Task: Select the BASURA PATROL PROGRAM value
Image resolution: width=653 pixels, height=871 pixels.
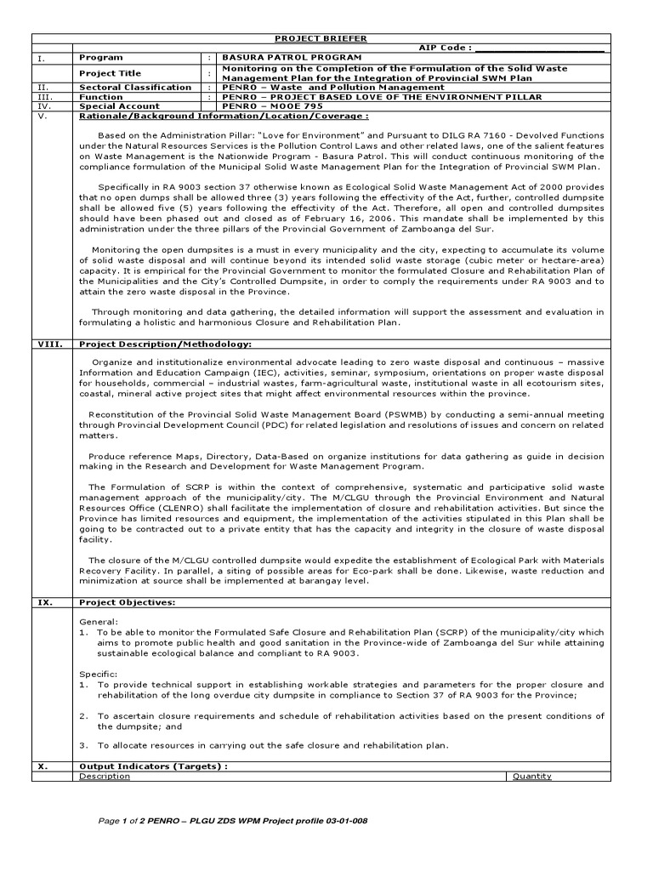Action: tap(292, 57)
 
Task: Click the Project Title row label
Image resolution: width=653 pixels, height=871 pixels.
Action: tap(111, 73)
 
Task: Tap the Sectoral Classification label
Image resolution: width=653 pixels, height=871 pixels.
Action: tap(135, 87)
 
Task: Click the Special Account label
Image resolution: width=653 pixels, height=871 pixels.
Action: tap(119, 106)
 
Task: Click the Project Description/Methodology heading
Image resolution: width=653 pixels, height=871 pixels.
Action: tap(165, 344)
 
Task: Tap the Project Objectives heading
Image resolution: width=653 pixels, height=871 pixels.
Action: tap(128, 602)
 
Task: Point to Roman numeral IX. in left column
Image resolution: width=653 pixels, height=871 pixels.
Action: tap(45, 602)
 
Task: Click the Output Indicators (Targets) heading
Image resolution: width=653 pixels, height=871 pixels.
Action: tap(154, 766)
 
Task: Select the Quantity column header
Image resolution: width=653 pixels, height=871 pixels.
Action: tap(531, 776)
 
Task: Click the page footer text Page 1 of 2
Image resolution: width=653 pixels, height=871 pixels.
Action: tap(128, 823)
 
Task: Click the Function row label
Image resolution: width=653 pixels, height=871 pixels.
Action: tap(101, 97)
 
